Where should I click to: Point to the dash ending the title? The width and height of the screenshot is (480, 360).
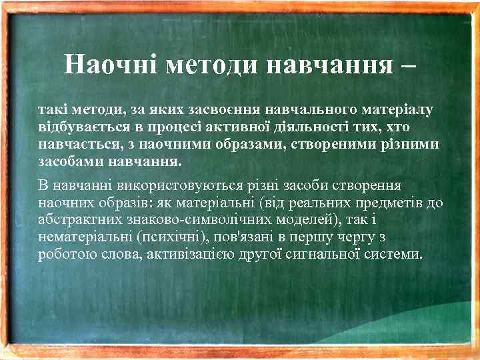[x=408, y=66]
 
